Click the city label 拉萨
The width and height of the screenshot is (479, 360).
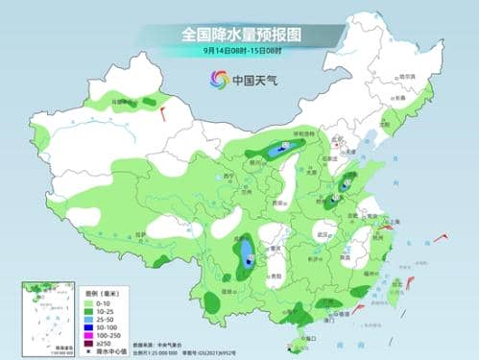[141, 233]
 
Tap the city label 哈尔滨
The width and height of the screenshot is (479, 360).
[407, 76]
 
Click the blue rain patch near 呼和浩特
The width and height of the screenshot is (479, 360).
[279, 149]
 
